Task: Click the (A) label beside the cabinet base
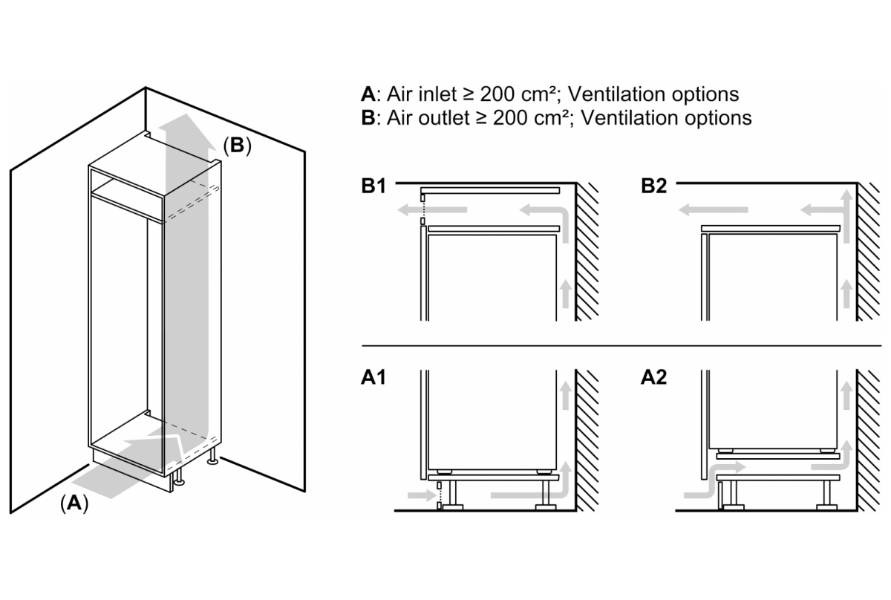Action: pos(74,503)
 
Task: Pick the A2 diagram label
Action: pos(655,378)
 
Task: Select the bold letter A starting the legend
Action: pos(367,94)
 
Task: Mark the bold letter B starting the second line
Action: pos(367,118)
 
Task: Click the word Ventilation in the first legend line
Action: pos(615,94)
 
